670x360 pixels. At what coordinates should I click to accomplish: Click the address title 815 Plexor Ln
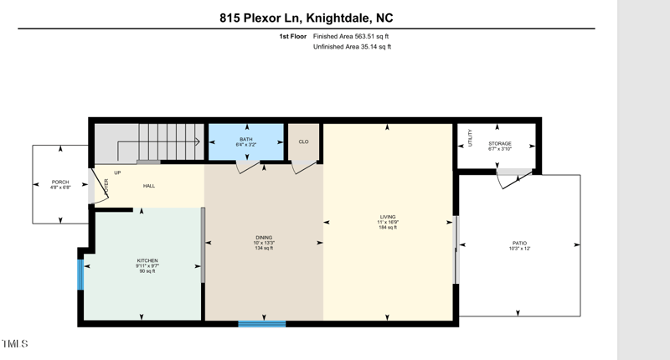[x=306, y=16]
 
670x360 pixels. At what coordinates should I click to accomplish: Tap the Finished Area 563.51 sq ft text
[x=351, y=37]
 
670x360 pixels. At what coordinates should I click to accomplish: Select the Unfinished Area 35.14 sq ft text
[x=352, y=47]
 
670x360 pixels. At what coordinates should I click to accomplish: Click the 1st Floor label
[x=292, y=37]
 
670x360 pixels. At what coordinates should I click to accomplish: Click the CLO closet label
[x=304, y=141]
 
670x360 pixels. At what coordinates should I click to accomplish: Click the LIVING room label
[x=387, y=219]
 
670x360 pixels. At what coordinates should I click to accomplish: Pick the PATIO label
[x=520, y=245]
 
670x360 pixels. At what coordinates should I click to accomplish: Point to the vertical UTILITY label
[x=471, y=138]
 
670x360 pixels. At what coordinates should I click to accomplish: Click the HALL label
[x=148, y=186]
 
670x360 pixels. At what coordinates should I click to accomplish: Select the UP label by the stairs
[x=117, y=172]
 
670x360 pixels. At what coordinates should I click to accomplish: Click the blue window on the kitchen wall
[x=80, y=274]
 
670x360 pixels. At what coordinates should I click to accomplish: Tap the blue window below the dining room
[x=262, y=323]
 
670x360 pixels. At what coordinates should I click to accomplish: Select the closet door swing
[x=300, y=167]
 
